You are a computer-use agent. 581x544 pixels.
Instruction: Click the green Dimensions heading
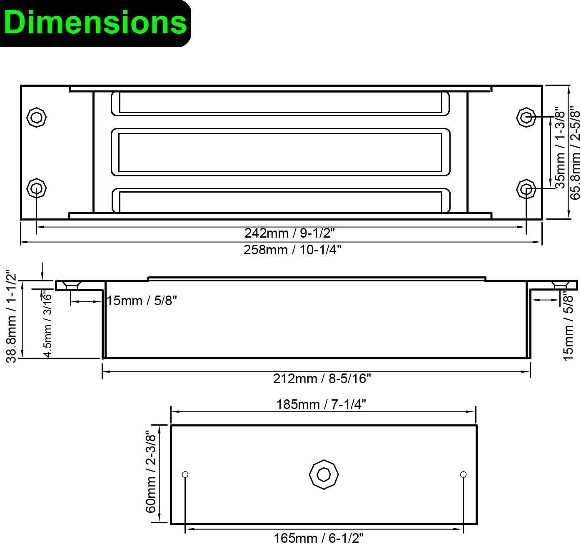(x=95, y=23)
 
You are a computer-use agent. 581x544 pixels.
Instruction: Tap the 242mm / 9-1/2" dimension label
(x=289, y=233)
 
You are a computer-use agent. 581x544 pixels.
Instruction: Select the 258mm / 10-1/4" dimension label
(x=292, y=250)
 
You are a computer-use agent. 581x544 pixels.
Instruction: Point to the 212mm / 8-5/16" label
(x=322, y=379)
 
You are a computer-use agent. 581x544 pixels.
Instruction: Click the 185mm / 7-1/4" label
(x=321, y=404)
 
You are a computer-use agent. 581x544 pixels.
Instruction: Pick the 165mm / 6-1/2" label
(x=318, y=538)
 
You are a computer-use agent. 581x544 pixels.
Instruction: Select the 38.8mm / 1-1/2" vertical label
(x=11, y=317)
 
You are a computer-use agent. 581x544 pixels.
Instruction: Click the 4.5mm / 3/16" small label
(x=47, y=324)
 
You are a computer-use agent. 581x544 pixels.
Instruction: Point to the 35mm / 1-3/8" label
(x=560, y=148)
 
